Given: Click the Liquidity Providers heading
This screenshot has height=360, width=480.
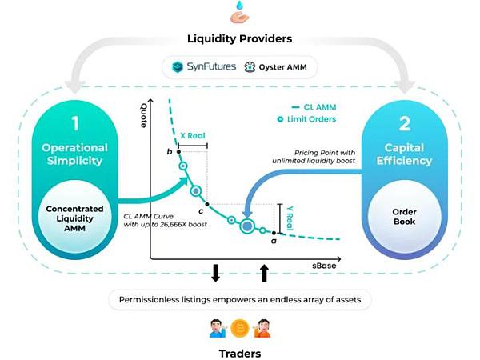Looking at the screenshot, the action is pos(239,39).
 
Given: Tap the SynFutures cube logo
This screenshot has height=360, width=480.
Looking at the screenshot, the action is pos(178,66).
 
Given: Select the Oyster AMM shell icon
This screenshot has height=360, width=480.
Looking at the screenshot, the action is pos(250,67).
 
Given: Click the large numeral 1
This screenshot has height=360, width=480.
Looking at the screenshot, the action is pos(75,124).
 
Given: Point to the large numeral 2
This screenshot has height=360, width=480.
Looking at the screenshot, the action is pos(404,124).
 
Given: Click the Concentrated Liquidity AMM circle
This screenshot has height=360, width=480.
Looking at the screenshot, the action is pos(74,217).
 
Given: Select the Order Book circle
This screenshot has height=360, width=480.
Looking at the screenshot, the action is pos(404,217).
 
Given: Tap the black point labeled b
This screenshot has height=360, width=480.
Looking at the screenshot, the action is pos(178,151).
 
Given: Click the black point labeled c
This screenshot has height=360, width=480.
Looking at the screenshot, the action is pos(207,204).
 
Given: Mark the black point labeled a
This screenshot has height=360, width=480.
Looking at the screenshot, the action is pos(274,234).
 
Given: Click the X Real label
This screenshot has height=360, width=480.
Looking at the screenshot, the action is pos(193,136).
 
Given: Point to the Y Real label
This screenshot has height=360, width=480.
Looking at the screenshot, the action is pos(290,218).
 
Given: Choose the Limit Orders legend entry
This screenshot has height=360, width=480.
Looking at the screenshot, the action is pos(306,119).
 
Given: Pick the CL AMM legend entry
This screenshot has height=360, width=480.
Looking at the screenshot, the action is pos(314,107).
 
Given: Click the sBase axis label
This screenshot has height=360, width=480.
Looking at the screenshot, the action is pos(324,266).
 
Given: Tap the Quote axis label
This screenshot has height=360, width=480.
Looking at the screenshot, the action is pos(143,115).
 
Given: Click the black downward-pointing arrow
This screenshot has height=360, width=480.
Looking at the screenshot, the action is pos(215,273).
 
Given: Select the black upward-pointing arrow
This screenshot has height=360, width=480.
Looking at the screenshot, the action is pos(264,273).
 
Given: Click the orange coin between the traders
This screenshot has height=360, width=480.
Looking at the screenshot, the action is pos(240,329).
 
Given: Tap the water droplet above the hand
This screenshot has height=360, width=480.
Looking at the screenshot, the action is pos(240,6).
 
